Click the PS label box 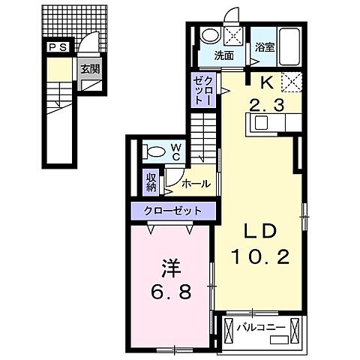tap(58, 47)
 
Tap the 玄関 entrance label tap(90, 69)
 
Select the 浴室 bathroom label tap(265, 47)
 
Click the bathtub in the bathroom tap(289, 46)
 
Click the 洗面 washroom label tap(224, 56)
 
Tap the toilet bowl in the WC tap(156, 151)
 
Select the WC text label tap(176, 152)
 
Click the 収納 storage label tap(151, 182)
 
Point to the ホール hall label tap(196, 184)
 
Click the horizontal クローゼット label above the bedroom tap(172, 211)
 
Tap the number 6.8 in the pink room tap(171, 292)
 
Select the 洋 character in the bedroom tap(171, 268)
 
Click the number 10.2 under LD tap(260, 256)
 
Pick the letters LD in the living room tap(260, 232)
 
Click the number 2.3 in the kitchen tap(267, 105)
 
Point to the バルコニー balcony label tap(261, 328)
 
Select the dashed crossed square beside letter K tap(292, 82)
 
